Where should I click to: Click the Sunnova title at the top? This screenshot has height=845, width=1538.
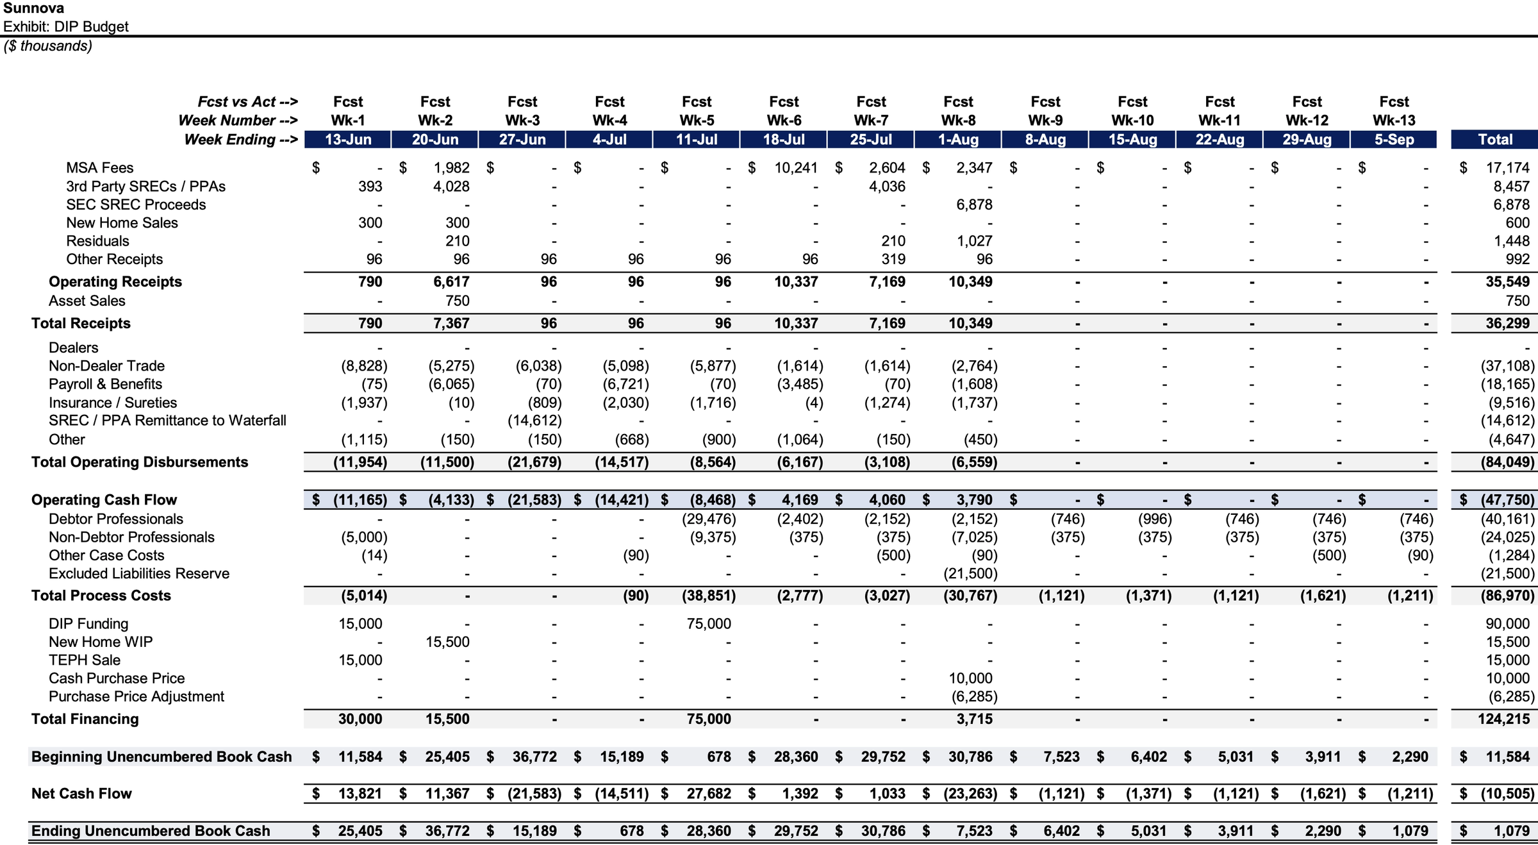pos(33,8)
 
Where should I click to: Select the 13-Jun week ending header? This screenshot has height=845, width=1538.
pos(348,140)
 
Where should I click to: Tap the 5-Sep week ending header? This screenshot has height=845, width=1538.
pos(1394,140)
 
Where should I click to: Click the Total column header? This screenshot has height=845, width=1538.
pos(1494,140)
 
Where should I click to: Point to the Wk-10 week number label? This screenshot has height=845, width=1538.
pos(1132,121)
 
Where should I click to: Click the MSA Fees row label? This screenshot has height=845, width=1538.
pos(99,168)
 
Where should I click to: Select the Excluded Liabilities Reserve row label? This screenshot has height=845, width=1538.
pos(138,573)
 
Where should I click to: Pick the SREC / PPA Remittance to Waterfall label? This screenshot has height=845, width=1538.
pos(167,421)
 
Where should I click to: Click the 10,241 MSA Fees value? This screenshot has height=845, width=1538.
pos(795,168)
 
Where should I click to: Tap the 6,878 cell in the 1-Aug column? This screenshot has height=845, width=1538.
pos(974,205)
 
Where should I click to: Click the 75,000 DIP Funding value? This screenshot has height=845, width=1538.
pos(708,624)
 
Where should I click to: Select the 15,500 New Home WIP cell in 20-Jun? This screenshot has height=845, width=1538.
pos(447,642)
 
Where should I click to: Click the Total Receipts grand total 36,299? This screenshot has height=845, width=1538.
pos(1507,323)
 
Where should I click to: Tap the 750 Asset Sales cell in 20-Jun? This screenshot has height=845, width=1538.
pos(457,301)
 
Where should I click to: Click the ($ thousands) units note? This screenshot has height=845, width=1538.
pos(48,46)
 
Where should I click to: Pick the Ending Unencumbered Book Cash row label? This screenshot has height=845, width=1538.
pos(151,831)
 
